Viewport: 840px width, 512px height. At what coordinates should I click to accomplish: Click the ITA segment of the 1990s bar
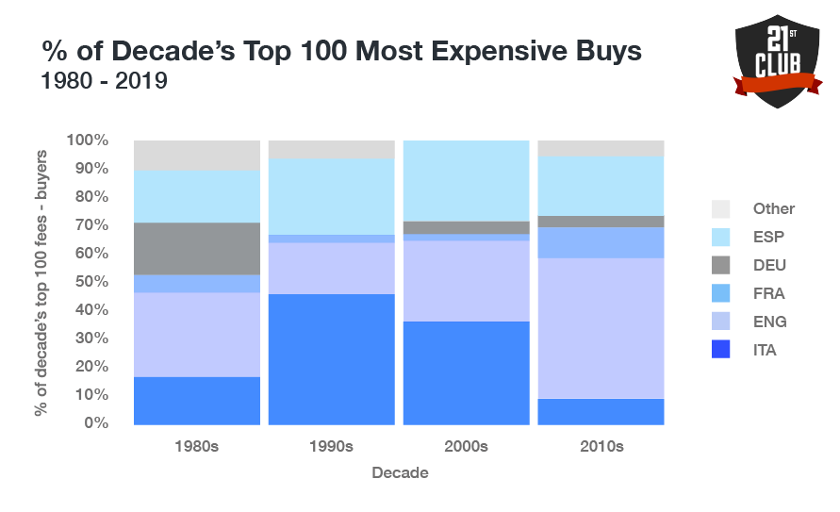click(331, 358)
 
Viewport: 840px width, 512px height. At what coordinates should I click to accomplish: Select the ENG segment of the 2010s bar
click(601, 328)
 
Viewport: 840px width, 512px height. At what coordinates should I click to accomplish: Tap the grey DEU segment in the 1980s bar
click(197, 249)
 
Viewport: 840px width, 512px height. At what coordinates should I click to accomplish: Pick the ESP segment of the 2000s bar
click(466, 181)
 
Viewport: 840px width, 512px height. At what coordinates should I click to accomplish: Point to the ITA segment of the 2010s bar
click(601, 411)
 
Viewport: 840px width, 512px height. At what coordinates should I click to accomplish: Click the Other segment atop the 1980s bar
click(197, 156)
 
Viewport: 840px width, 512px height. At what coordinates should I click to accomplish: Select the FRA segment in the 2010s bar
click(601, 242)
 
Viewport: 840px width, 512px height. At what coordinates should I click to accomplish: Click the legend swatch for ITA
click(720, 351)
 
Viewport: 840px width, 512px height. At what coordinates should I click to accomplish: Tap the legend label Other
click(773, 209)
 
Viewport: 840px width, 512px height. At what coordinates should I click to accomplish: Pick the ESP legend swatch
click(720, 238)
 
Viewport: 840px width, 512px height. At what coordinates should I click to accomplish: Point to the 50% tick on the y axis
click(89, 282)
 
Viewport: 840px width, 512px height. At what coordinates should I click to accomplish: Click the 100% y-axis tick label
click(87, 140)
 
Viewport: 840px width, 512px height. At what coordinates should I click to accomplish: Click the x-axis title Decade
click(400, 472)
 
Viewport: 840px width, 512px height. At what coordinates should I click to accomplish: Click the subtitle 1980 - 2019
click(104, 82)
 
